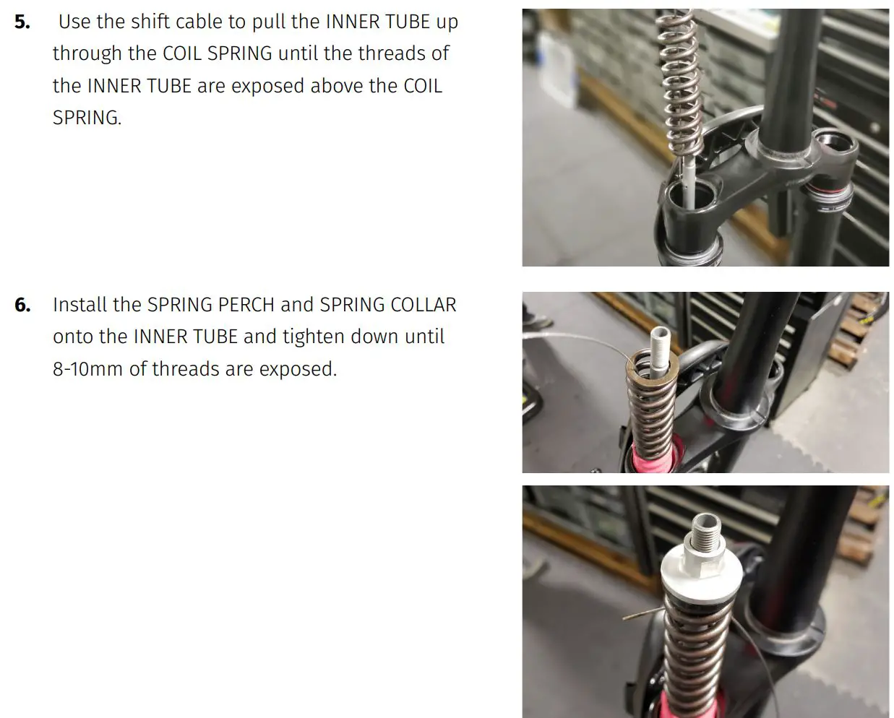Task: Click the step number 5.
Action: point(22,22)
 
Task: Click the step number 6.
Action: point(22,305)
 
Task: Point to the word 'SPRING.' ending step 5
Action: point(87,118)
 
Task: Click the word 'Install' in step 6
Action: point(79,305)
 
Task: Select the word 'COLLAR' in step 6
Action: point(423,305)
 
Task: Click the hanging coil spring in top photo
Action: point(679,79)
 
